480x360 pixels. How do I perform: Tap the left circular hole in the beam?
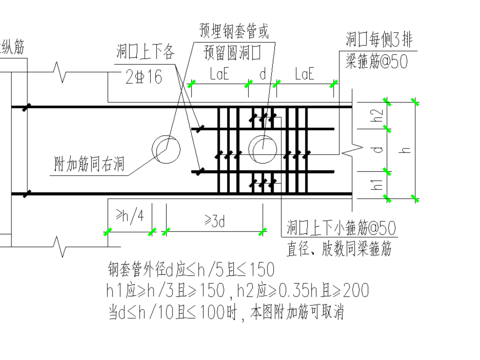pyautogui.click(x=166, y=150)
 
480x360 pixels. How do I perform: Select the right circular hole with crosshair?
pyautogui.click(x=263, y=149)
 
